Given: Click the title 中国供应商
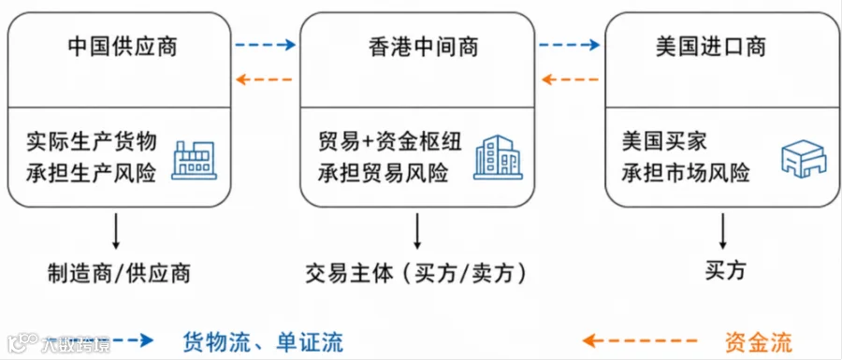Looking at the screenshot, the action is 123,47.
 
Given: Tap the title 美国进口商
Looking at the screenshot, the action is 711,47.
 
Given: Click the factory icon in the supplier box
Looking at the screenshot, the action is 194,159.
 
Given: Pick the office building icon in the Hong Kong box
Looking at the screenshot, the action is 499,157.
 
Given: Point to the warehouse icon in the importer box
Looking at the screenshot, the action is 802,158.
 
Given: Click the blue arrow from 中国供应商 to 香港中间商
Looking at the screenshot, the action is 266,45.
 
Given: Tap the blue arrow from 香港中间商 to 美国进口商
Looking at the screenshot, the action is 569,45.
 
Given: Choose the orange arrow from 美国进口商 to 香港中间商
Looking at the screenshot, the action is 570,80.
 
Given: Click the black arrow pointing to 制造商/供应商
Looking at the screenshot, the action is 115,231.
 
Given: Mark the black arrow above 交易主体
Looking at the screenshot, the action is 417,231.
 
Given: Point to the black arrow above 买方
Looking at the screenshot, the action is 723,231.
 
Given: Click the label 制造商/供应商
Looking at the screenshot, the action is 119,273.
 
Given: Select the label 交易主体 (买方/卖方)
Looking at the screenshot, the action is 416,273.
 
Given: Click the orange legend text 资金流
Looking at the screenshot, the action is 758,341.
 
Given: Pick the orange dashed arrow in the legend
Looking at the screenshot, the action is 640,340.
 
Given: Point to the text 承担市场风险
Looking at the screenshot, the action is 686,173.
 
